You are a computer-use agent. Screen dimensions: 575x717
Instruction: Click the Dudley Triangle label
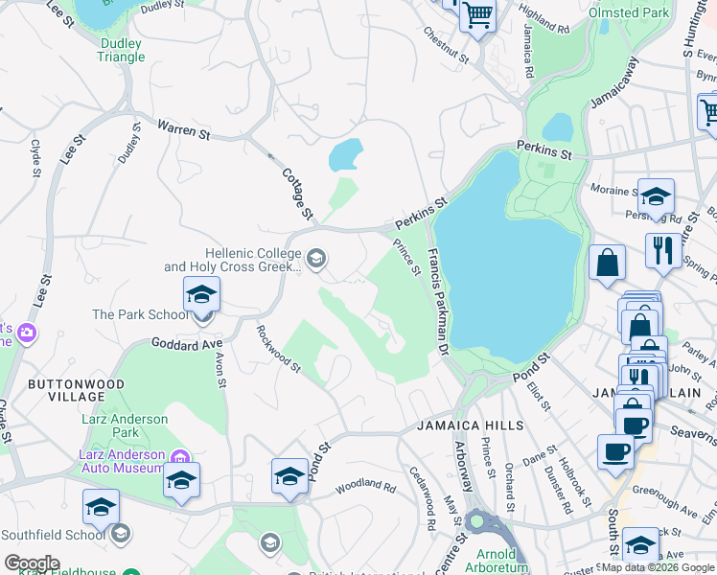coord(121,50)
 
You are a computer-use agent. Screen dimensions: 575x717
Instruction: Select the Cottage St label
coord(298,195)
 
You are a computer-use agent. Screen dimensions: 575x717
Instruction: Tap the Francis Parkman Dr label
coord(438,302)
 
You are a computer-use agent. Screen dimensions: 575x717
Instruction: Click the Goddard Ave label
coord(186,342)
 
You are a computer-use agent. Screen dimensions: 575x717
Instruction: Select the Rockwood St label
coord(279,348)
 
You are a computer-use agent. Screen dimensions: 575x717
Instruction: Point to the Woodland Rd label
coord(365,487)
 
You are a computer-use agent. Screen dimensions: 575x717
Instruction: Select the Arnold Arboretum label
coord(497,561)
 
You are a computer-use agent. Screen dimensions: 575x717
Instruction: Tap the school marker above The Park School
coord(202,293)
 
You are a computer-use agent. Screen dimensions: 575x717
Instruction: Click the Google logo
coord(31,563)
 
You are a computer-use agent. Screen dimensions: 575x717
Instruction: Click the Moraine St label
coord(609,190)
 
